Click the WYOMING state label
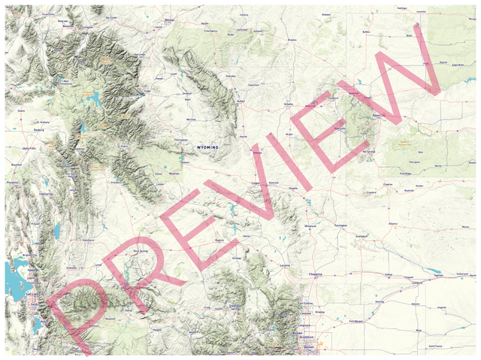[x=207, y=147]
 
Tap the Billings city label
[x=168, y=21]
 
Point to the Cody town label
[x=159, y=92]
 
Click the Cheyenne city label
[x=316, y=275]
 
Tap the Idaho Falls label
[x=30, y=149]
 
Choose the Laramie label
[x=285, y=267]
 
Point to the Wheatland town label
[x=311, y=225]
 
